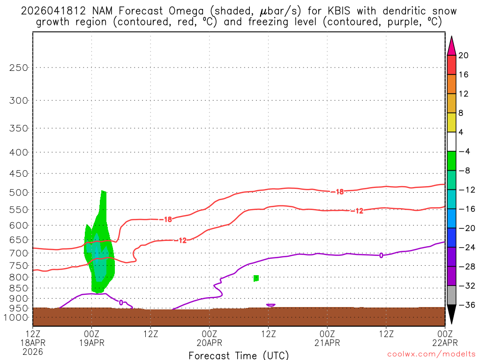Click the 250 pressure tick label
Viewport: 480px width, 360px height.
point(19,67)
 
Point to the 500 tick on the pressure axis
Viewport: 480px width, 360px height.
point(19,192)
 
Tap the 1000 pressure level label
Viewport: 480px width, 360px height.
point(17,318)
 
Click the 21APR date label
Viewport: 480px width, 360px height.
point(327,343)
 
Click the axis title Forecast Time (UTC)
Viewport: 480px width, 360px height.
point(239,355)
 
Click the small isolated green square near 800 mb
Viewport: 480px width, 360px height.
point(256,278)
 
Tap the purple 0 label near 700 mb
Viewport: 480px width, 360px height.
point(381,255)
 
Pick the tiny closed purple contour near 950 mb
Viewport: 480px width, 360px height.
point(270,305)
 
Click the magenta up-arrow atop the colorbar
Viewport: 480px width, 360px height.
point(451,45)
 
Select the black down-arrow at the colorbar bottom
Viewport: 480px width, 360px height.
point(451,314)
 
